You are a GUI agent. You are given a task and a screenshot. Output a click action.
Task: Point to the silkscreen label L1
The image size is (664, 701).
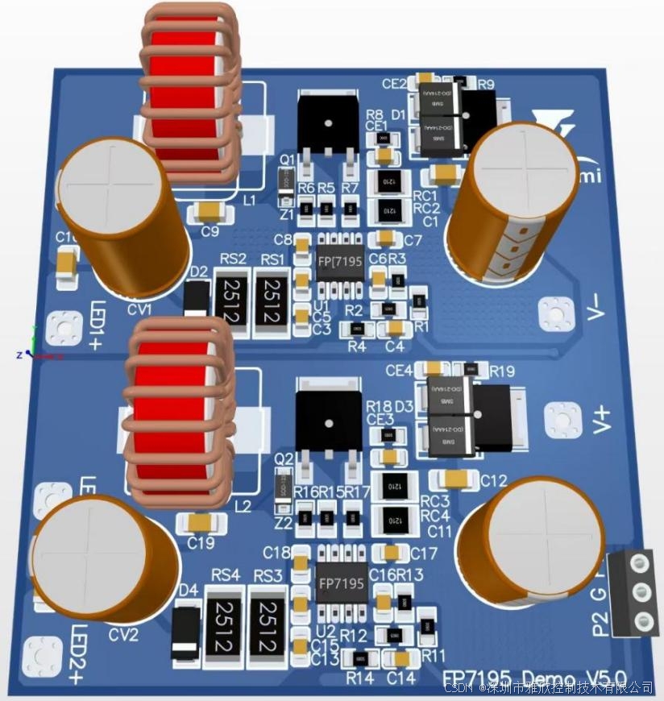tap(249, 199)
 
